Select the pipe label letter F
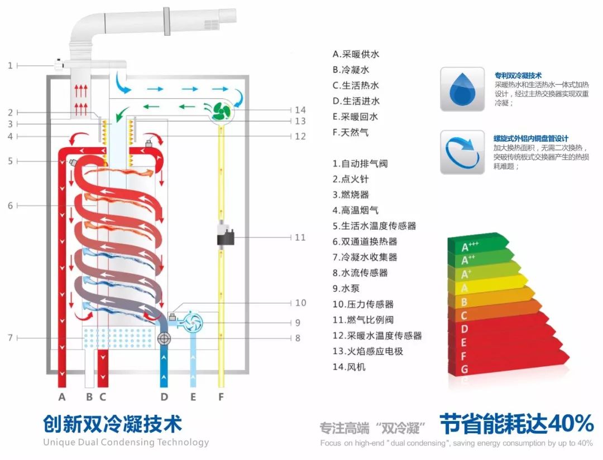coord(221,397)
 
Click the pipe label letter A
coord(62,397)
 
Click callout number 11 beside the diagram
coord(300,238)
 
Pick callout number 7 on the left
coord(10,338)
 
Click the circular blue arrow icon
coord(462,152)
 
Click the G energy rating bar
coord(502,369)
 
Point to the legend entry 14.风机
coord(349,367)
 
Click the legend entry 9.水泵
coord(350,289)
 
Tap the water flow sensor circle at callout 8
coord(164,338)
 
